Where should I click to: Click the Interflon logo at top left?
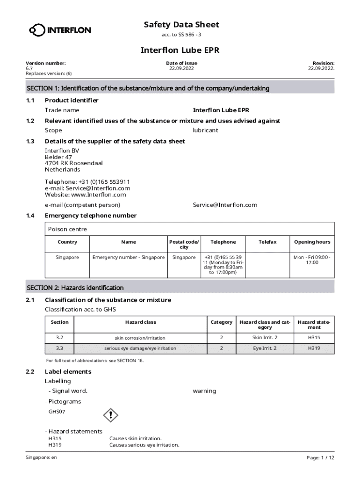point(60,30)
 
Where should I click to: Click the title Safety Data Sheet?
point(181,25)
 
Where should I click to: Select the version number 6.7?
point(29,68)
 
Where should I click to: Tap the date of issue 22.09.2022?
point(181,68)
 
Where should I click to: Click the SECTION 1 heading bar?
point(180,88)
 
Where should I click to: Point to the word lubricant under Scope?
point(205,131)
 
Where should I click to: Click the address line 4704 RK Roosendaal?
point(73,163)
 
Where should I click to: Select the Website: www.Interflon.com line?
point(85,195)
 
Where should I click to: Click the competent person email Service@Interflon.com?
point(225,205)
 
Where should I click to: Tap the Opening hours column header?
point(312,242)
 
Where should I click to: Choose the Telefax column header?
point(267,242)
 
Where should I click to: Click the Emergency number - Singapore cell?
point(129,257)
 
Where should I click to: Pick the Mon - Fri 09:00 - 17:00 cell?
point(312,260)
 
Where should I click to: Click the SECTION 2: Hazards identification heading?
point(75,288)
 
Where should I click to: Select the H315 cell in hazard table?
point(314,337)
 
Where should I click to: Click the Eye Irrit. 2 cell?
point(265,348)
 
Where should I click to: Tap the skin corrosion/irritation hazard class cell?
point(140,338)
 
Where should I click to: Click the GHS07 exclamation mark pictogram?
point(110,414)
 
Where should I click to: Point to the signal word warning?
point(204,391)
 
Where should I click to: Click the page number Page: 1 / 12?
point(320,457)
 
